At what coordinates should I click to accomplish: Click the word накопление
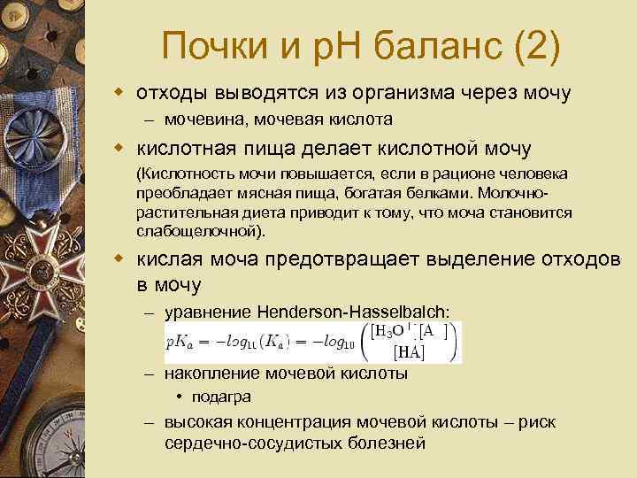[x=208, y=374]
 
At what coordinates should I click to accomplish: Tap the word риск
[x=538, y=422]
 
